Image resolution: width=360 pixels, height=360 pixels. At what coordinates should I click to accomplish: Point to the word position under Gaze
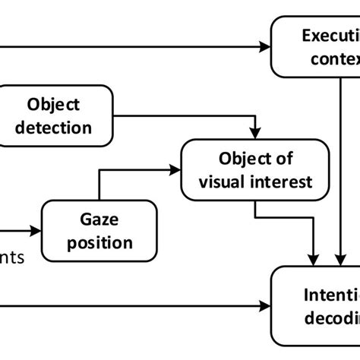100,242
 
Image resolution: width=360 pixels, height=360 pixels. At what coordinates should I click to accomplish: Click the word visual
223,182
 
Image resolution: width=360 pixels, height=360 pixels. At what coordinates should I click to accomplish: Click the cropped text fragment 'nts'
11,257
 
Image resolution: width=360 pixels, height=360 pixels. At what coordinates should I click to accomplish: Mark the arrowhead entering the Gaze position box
36,229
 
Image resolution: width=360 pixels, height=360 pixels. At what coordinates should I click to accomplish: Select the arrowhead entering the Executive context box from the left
266,46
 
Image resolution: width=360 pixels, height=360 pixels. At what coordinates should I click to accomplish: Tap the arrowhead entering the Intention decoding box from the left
266,305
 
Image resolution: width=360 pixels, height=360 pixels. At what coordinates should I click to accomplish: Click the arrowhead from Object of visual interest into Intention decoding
315,261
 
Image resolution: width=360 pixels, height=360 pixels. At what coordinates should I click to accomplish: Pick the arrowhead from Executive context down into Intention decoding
338,261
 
